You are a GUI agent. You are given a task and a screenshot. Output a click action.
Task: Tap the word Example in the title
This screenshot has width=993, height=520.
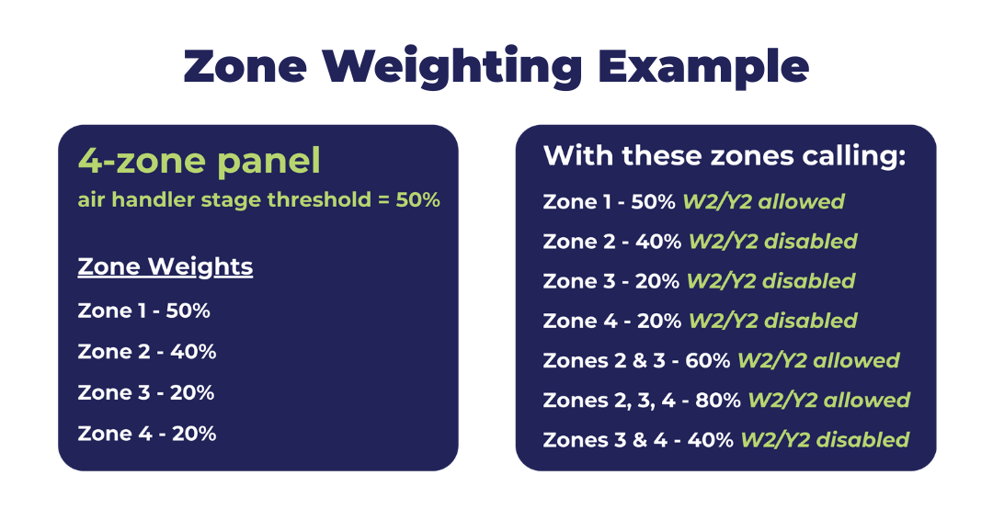702,66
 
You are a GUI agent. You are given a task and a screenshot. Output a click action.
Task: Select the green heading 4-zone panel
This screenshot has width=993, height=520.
200,161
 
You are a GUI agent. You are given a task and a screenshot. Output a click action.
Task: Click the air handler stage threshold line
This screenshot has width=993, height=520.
258,199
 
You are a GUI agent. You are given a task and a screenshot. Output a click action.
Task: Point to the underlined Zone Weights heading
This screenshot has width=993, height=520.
165,266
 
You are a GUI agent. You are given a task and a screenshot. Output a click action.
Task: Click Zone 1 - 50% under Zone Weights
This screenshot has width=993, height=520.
144,311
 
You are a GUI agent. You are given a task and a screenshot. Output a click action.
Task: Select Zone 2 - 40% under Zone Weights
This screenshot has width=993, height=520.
147,352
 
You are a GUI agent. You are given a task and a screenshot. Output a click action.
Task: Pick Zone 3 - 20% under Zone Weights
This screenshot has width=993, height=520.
146,392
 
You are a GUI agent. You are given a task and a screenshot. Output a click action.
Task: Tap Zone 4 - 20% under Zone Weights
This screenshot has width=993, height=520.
147,433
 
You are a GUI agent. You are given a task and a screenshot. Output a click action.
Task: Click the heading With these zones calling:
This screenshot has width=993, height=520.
725,155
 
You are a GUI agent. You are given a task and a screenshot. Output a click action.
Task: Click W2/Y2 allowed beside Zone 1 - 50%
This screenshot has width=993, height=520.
763,201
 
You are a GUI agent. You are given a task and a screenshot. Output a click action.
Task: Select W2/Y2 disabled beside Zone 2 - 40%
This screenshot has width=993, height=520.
772,242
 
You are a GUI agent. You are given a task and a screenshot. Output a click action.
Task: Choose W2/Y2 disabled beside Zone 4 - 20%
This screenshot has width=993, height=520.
772,321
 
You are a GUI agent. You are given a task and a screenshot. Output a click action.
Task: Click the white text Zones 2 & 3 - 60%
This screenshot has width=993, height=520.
637,360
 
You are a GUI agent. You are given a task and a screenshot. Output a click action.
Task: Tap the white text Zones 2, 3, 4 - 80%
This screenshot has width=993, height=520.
643,400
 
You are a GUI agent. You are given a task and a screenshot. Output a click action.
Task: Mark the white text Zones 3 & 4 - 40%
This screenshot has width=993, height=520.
638,439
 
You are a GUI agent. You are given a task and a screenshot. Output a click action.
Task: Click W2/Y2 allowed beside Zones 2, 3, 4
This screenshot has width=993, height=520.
828,400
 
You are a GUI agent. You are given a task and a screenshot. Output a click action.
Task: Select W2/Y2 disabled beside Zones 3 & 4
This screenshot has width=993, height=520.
825,439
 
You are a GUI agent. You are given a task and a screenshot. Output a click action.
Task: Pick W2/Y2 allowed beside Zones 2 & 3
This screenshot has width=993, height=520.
818,360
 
